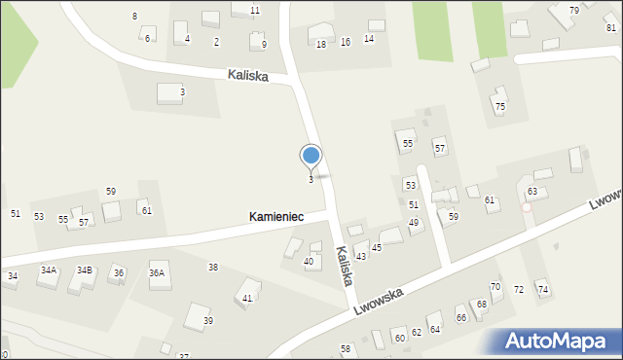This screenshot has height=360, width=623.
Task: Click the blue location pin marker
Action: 311,158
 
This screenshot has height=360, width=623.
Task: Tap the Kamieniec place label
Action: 275,216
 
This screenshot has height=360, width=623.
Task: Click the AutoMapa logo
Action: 557,341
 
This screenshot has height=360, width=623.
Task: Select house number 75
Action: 499,106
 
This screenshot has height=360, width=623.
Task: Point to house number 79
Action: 574,10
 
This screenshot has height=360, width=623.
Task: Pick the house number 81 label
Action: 610,28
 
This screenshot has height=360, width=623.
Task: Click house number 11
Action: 255,10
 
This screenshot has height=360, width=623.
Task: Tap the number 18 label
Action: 321,44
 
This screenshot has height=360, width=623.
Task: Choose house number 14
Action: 369,39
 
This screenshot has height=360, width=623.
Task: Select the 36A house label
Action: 157,273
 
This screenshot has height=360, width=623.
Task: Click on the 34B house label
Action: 85,270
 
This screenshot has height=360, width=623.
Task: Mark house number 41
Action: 247,298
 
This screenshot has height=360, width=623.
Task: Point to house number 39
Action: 207,321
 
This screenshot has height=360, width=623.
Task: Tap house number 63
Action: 532,191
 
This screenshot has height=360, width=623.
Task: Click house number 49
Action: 414,223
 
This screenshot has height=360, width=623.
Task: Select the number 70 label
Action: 495,286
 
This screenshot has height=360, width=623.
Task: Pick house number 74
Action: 542,290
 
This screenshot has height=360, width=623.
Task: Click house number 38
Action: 213,267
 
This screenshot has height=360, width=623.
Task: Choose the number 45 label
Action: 377,248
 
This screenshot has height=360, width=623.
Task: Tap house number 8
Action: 134,17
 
